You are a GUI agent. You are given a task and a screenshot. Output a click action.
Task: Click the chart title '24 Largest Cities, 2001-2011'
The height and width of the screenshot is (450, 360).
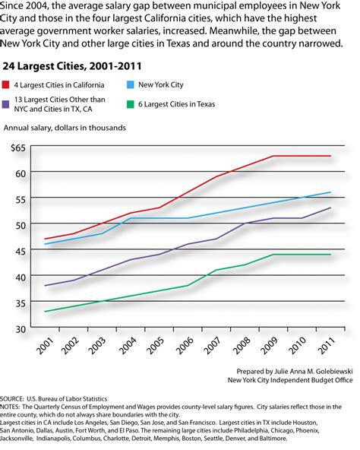click(66, 66)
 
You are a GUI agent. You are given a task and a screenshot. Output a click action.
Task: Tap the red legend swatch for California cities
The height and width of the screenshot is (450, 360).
click(11, 85)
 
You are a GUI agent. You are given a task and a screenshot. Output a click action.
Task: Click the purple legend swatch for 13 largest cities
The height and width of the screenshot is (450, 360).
click(11, 103)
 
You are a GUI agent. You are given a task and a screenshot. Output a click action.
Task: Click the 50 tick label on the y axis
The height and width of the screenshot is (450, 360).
click(21, 224)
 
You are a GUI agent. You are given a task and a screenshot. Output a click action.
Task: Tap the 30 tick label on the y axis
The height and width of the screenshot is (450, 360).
click(21, 328)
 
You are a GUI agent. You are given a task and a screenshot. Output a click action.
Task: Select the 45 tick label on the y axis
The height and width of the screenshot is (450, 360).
click(21, 250)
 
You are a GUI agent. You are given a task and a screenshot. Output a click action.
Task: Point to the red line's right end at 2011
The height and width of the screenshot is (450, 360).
click(330, 156)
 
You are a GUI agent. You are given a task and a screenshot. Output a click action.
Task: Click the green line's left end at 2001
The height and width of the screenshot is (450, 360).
click(46, 312)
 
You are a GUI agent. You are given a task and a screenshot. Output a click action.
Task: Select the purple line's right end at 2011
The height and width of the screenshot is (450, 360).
click(330, 208)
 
